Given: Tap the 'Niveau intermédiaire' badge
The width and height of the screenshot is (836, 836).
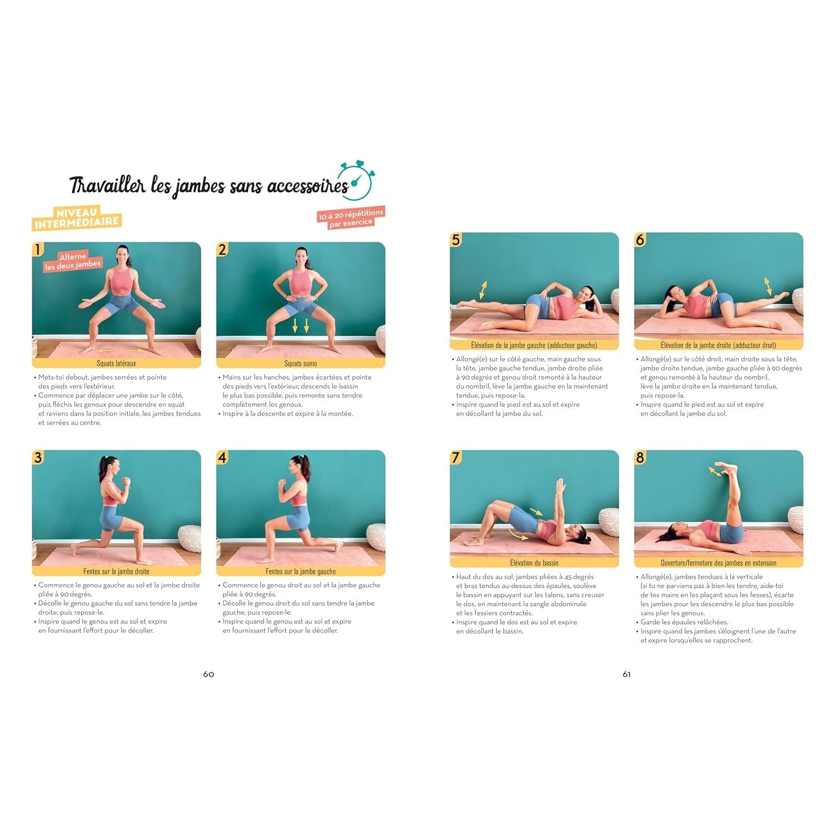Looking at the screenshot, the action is pos(77,217).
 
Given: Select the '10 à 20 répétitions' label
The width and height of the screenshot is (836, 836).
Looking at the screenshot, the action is pos(351,217).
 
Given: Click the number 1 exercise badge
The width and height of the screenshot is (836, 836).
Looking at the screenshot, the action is pos(38,249).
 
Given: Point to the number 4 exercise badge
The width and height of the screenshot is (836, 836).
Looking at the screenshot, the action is pos(222,458).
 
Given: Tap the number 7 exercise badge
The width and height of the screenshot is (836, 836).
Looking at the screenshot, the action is pos(456,458).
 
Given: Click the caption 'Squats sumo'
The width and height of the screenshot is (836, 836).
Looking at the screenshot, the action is pos(301,363).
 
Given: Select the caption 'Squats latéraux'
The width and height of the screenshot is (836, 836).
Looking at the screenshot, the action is pos(116,363).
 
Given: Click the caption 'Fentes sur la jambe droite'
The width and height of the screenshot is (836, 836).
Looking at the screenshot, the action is pos(116,571).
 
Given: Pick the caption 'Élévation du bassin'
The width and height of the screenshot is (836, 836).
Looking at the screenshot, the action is pos(534,563).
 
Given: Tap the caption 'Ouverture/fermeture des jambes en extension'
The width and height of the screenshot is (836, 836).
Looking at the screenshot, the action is pos(718,563).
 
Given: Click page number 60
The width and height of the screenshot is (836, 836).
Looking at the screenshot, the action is pos(208,674).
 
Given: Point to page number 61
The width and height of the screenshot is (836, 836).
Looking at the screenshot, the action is pos(626,674).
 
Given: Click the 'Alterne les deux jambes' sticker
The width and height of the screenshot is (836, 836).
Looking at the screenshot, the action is pos(73,261).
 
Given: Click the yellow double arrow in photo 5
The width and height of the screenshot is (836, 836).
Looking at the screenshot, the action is pos(483,290).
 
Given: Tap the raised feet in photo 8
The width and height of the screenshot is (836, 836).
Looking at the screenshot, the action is pos(726,468).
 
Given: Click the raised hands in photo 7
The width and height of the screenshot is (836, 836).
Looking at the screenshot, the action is pos(561,487).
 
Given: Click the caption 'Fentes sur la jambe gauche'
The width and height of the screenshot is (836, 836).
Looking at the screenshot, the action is pos(301,571).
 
